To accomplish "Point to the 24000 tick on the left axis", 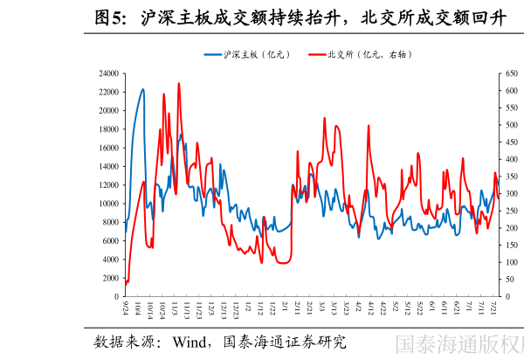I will tap(109, 74).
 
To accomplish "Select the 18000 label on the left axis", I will tap(109, 130).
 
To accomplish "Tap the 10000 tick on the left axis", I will tap(109, 204).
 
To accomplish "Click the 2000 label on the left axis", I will tap(112, 279).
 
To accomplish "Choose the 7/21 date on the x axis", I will tap(495, 311).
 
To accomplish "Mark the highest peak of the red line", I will tap(179, 84).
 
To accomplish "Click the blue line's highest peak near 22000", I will tap(142, 89).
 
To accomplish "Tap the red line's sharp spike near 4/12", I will tap(369, 125).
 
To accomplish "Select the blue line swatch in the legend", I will tap(213, 54).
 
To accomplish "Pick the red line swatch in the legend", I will tap(318, 54).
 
